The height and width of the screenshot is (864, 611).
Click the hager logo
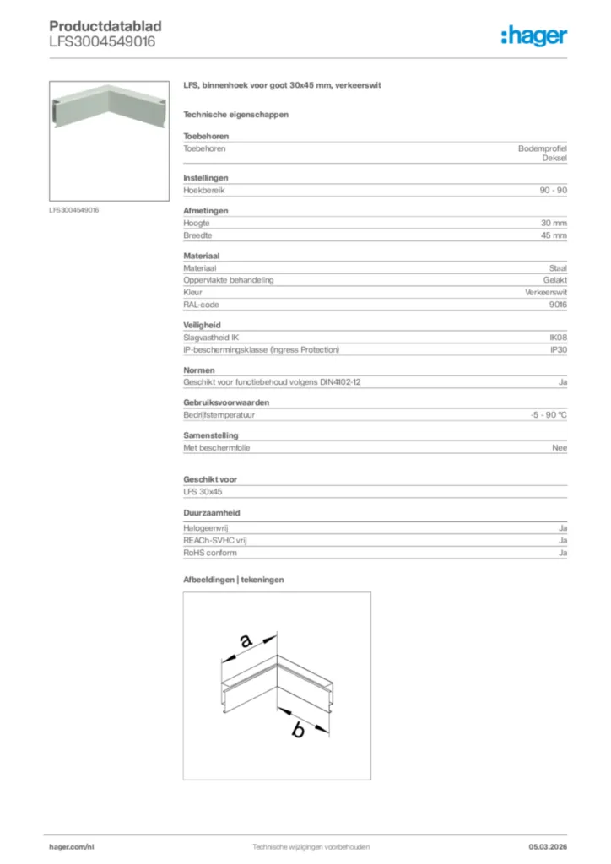[x=533, y=35]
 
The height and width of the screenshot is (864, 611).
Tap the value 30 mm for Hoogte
[x=554, y=223]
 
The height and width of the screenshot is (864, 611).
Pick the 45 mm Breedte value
[x=554, y=235]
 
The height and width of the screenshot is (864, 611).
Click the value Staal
[x=558, y=267]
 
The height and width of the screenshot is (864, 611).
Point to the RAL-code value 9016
[x=557, y=305]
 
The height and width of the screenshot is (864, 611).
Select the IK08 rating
[x=558, y=337]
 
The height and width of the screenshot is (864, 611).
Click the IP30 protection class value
[x=558, y=349]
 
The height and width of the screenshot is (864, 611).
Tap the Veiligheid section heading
[x=203, y=325]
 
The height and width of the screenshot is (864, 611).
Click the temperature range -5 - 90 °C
[x=543, y=415]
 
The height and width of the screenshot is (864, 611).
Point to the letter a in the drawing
[x=246, y=641]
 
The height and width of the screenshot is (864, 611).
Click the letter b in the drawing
[x=297, y=731]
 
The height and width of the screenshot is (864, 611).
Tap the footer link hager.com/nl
[x=72, y=846]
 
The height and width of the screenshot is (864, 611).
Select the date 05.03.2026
[x=548, y=846]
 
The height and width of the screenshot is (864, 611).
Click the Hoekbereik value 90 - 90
[x=554, y=191]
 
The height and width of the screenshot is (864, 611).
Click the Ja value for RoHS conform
[x=562, y=553]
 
